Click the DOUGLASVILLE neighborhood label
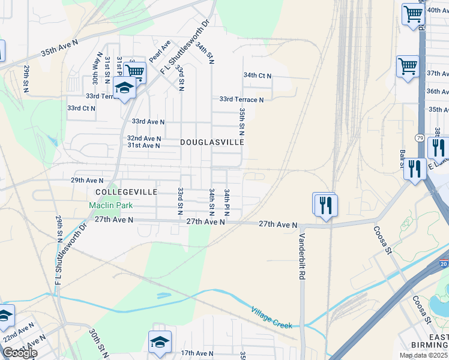[212, 142]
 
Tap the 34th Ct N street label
[257, 76]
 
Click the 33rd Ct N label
[81, 108]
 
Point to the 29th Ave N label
[87, 180]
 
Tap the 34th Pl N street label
[228, 202]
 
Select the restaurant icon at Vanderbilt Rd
[326, 205]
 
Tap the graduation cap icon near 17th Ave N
[160, 341]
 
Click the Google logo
[19, 353]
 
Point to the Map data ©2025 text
[423, 355]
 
